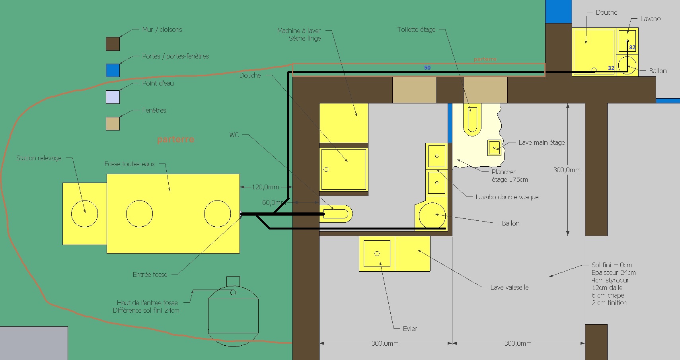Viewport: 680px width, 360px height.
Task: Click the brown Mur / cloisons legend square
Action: point(113,44)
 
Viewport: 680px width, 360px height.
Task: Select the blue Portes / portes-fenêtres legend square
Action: point(113,70)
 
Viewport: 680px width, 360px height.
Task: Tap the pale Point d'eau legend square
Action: point(113,97)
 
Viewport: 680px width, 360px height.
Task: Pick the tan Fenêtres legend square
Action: point(113,124)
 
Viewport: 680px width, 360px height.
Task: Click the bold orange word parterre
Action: point(175,139)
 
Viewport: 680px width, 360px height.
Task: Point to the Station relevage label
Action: point(39,158)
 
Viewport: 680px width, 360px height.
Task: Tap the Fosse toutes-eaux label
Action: point(130,164)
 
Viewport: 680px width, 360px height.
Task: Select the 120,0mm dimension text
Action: point(265,187)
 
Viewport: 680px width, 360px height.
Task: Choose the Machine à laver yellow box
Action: point(344,123)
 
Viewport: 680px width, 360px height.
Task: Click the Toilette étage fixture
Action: point(472,120)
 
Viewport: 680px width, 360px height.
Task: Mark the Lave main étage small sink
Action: point(494,148)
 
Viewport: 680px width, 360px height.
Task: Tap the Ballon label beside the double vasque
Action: point(510,224)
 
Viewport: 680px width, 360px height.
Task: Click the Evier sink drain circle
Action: point(377,254)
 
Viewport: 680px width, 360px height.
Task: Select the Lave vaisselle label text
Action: point(509,288)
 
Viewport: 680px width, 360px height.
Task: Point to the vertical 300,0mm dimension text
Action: point(567,170)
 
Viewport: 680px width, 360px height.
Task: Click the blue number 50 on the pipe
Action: point(427,68)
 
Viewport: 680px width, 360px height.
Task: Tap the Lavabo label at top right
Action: point(651,19)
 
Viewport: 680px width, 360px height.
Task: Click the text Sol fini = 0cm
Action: point(612,265)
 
